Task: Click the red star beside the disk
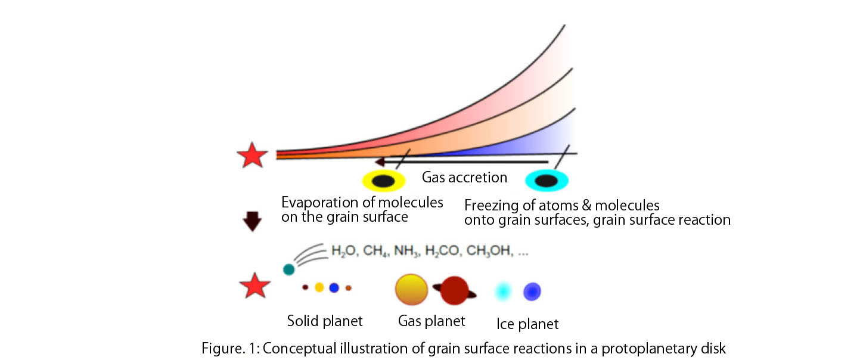click(252, 156)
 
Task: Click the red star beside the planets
click(254, 286)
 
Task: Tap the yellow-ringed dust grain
click(384, 181)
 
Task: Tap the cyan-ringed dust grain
click(547, 181)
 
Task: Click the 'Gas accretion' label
click(464, 177)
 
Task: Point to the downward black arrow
click(252, 221)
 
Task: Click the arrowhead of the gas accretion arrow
click(380, 162)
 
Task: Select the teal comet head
click(289, 269)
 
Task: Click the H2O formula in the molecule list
click(343, 251)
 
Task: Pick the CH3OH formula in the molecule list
click(489, 251)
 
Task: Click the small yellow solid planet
click(319, 287)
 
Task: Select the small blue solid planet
click(334, 287)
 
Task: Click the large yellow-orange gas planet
click(411, 290)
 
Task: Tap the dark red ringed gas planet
click(454, 291)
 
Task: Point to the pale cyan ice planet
click(503, 291)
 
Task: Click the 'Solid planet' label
click(325, 321)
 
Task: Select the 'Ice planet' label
click(527, 324)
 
